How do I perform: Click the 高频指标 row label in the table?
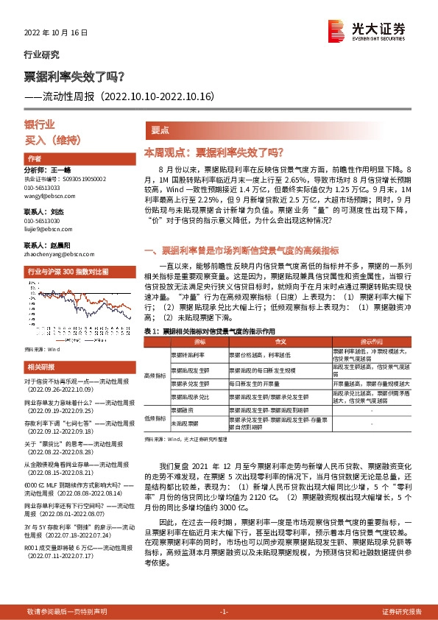coord(156,376)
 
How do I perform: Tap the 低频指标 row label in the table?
coord(156,417)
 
